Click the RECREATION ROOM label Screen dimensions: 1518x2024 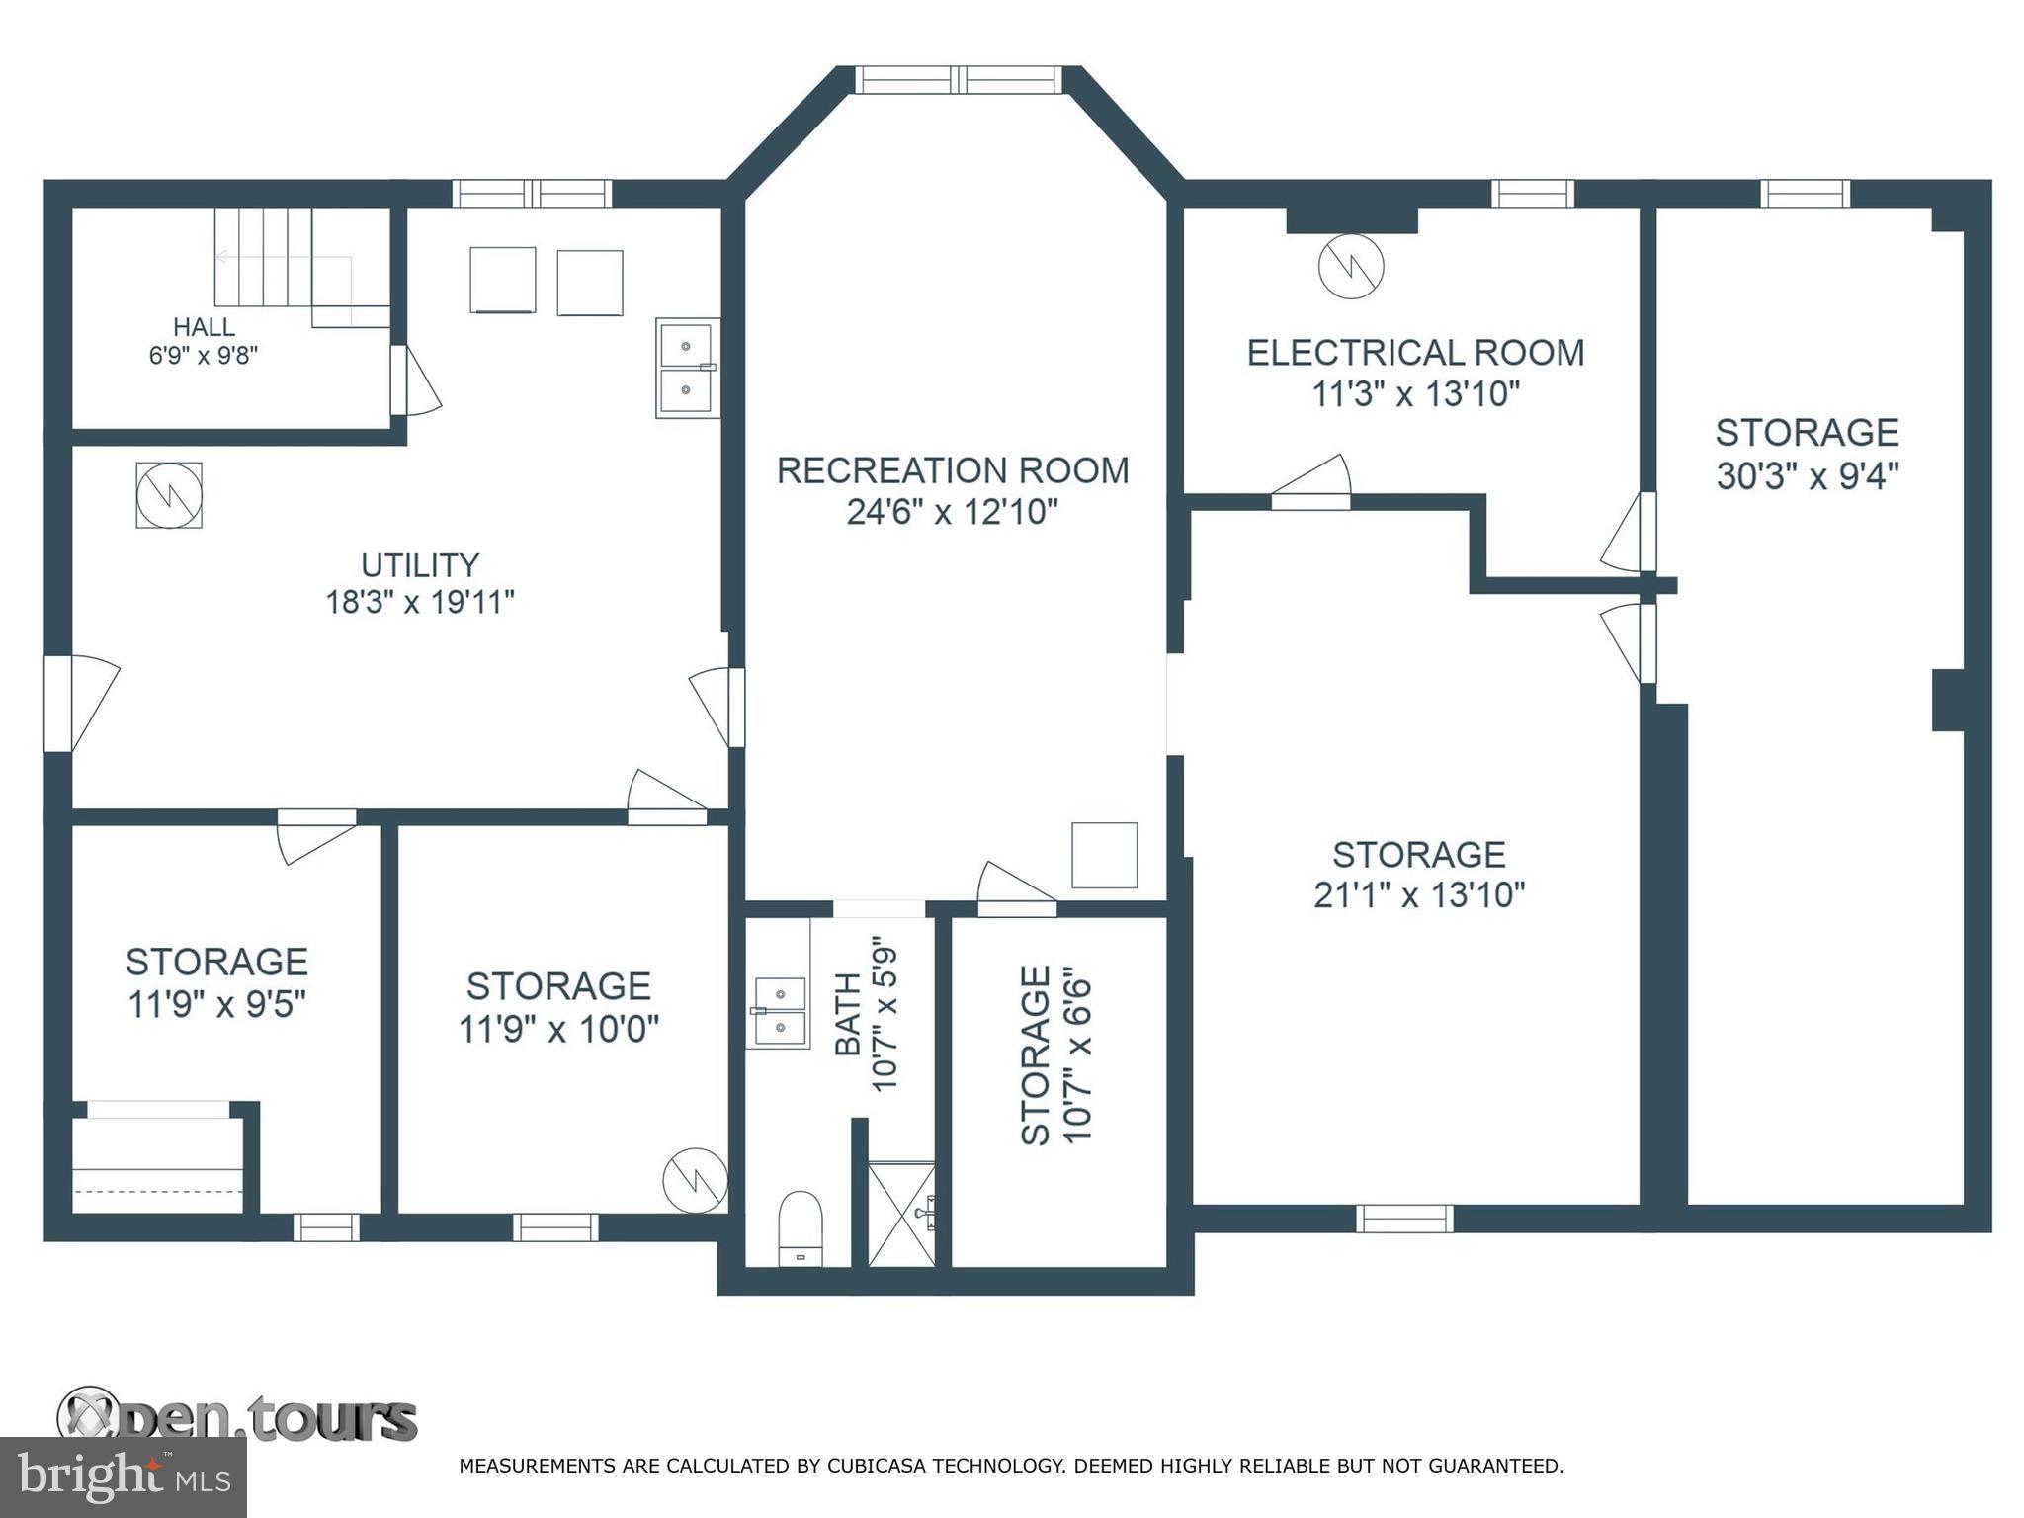(952, 470)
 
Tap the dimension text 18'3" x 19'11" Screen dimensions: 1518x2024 (420, 601)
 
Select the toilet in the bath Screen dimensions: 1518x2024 (800, 1226)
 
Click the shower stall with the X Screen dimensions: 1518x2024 (900, 1214)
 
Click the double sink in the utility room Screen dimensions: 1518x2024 (686, 369)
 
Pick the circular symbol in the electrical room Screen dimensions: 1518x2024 (1350, 266)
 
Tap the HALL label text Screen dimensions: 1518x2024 (204, 327)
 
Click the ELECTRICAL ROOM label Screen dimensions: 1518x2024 (1414, 353)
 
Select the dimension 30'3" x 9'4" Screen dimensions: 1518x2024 (1807, 476)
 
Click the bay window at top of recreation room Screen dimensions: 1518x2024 (958, 80)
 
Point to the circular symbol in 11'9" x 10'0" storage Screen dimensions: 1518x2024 (694, 1180)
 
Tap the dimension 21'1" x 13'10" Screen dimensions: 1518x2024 (1418, 895)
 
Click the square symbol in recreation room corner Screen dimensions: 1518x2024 (1104, 855)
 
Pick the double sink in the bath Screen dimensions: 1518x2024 (780, 1011)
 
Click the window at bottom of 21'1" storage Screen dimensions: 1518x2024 (1404, 1219)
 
